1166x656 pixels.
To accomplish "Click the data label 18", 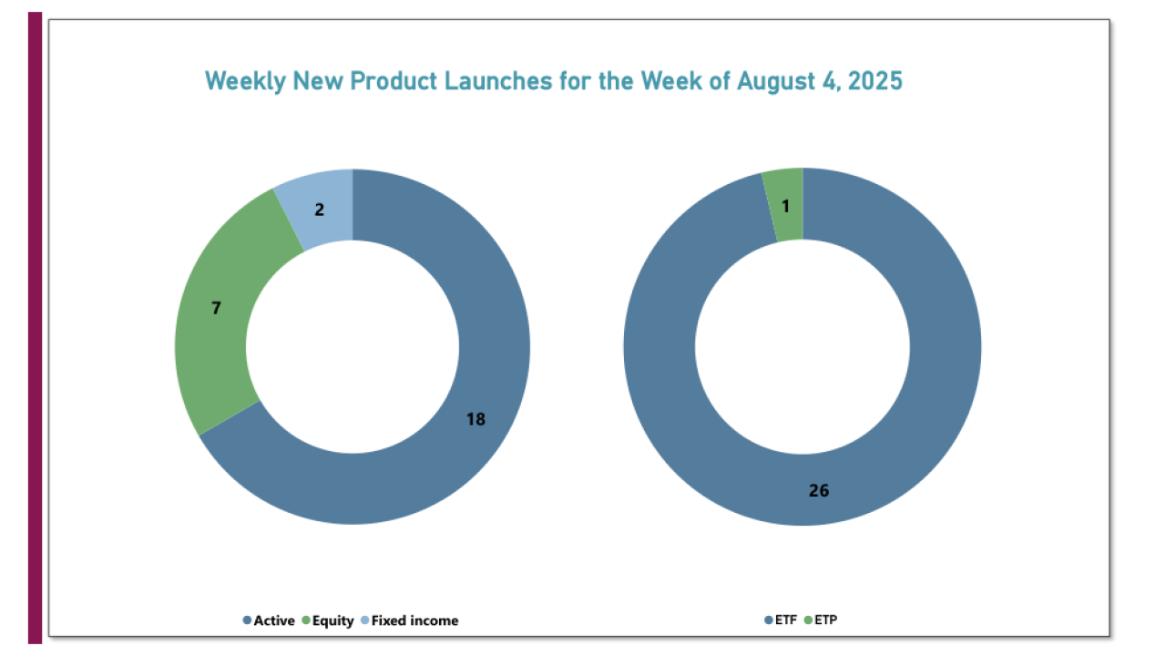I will (x=476, y=419).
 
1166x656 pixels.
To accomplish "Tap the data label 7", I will (x=216, y=308).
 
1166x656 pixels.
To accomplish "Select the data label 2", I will (x=320, y=210).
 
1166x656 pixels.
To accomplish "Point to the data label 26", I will (x=819, y=490).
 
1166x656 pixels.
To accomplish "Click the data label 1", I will (x=785, y=207).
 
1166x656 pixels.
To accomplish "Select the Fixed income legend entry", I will (x=415, y=620).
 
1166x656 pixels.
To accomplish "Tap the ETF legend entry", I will (x=784, y=620).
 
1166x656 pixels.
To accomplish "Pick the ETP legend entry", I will (x=823, y=620).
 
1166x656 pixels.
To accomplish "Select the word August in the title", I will (x=778, y=80).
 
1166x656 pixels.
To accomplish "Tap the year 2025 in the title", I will (x=874, y=80).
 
